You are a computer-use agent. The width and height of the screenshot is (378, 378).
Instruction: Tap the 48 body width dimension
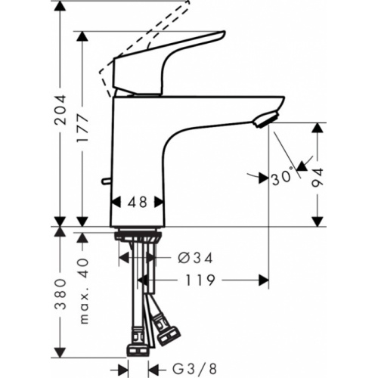tap(138, 203)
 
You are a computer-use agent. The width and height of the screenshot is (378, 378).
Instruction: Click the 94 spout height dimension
tap(318, 175)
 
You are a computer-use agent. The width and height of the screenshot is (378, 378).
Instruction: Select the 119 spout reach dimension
tap(199, 280)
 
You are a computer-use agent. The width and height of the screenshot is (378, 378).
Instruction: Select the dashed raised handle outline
tap(144, 38)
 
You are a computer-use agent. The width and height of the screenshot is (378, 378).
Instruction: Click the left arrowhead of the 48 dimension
tap(115, 203)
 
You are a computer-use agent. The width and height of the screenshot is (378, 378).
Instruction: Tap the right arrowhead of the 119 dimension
tap(265, 280)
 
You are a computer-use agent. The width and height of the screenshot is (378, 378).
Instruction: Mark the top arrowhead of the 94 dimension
tap(318, 127)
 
